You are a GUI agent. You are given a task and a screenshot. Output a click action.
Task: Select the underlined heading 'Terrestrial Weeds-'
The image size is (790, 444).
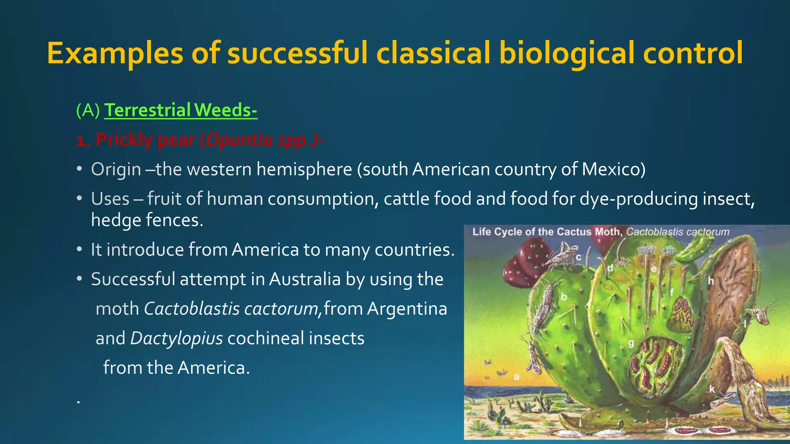(x=181, y=110)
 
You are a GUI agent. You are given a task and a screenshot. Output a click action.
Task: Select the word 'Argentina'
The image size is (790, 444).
(x=407, y=308)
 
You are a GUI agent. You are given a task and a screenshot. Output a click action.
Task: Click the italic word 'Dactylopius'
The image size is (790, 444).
(x=177, y=338)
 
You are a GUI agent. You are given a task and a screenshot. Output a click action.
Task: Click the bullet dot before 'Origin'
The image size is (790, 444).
(x=79, y=169)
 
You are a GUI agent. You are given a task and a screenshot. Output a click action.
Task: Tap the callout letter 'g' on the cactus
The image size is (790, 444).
(x=631, y=343)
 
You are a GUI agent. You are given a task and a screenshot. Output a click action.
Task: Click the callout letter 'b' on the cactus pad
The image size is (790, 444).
(x=564, y=297)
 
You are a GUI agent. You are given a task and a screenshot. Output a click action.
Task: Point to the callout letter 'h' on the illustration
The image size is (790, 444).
(x=711, y=281)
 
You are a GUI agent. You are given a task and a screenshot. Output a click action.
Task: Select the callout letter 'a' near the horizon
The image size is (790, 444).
(x=517, y=377)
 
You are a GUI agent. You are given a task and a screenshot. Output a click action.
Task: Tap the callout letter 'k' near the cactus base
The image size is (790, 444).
(x=712, y=389)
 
